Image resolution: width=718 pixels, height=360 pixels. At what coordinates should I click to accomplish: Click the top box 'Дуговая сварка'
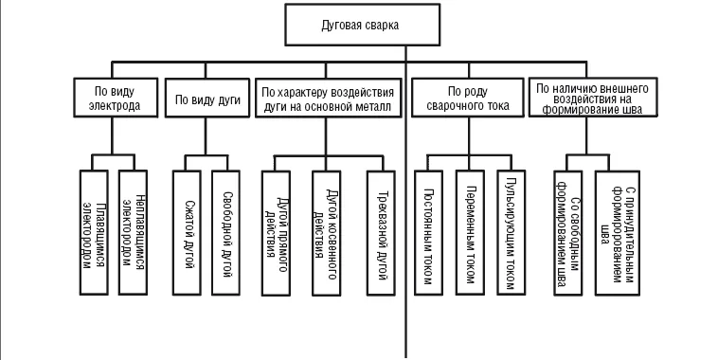click(363, 25)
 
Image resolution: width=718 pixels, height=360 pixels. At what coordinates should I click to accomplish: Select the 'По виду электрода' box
click(116, 98)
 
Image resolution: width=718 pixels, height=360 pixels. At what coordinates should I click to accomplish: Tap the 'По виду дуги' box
click(207, 99)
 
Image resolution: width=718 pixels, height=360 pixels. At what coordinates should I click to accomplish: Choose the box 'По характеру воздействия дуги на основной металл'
click(328, 99)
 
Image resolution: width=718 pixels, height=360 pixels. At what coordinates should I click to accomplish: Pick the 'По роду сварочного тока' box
click(468, 98)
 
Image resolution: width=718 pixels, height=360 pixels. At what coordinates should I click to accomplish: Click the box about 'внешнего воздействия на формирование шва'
click(593, 97)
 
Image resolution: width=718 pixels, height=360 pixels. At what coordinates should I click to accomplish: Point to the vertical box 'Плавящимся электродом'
click(94, 233)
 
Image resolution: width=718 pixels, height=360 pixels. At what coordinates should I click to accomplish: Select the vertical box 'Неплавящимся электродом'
click(133, 233)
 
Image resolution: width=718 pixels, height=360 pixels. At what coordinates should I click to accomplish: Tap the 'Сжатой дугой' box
click(187, 233)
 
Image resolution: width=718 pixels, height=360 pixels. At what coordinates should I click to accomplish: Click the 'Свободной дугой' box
click(225, 233)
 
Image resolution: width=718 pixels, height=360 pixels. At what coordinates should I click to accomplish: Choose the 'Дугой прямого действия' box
click(277, 233)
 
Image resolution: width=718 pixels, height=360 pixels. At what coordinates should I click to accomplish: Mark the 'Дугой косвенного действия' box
click(327, 233)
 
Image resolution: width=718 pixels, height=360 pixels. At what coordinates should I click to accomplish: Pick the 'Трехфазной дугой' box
click(381, 233)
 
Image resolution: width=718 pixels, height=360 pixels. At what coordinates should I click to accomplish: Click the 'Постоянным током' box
click(429, 233)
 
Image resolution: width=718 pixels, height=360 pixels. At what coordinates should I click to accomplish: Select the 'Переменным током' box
click(470, 233)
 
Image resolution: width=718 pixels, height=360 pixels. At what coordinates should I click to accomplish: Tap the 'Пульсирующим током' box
click(512, 233)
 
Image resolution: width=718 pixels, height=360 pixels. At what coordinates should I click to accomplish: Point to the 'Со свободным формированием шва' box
click(568, 233)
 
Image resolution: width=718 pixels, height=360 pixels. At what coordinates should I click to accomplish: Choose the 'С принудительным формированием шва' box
click(618, 233)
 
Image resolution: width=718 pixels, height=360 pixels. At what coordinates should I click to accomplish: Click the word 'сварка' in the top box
click(382, 26)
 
